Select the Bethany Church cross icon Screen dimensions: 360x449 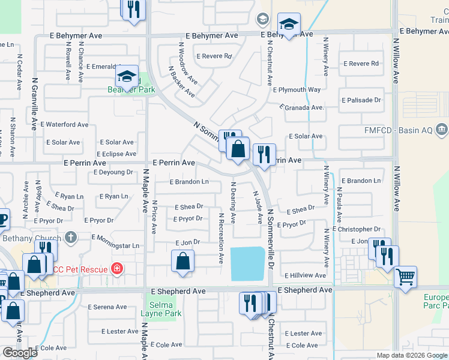71,238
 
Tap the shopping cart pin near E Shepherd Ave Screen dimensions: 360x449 406,277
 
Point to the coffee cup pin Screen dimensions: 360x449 2,219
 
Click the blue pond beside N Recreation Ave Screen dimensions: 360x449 248,263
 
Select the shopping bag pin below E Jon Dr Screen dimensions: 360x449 182,262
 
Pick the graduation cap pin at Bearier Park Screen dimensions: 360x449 127,76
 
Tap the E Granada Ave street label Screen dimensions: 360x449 303,107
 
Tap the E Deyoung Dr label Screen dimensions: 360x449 113,172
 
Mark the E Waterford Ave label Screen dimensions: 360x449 67,125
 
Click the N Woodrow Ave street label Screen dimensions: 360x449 187,62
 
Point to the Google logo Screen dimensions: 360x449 20,352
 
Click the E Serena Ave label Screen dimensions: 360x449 107,307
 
